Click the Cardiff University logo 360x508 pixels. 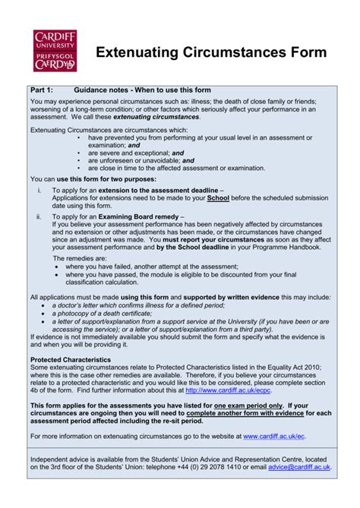coord(55,51)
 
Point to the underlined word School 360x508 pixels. coord(217,198)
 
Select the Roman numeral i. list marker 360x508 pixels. coord(39,189)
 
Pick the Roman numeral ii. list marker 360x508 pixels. coord(39,216)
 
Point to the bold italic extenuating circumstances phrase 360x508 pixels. coord(156,117)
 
